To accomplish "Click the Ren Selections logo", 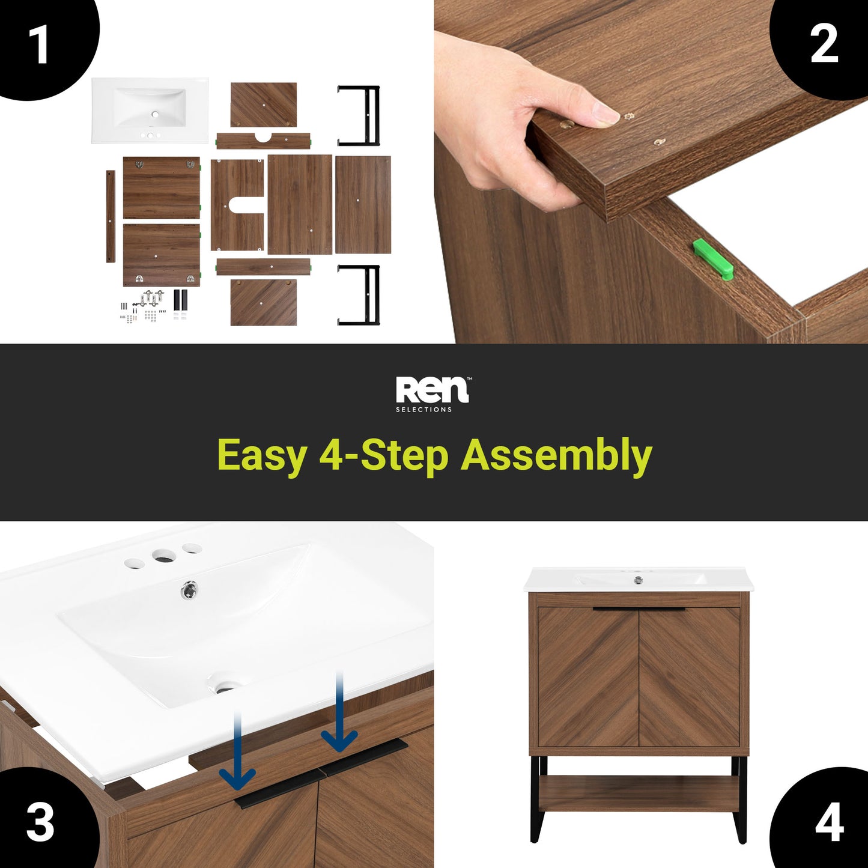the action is tap(433, 395).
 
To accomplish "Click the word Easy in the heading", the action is tap(262, 457).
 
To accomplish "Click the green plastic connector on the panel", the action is tap(712, 257).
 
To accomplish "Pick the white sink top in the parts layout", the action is tap(150, 111).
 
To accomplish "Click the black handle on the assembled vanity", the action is tap(639, 610).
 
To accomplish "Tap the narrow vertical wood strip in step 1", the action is tap(111, 216).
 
